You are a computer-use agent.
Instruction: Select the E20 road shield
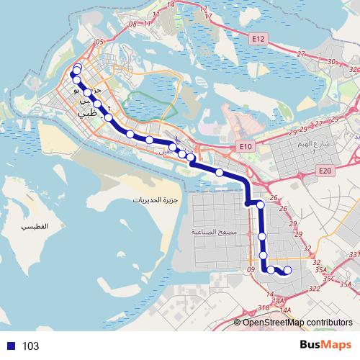(x=324, y=171)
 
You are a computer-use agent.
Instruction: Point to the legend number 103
(x=30, y=346)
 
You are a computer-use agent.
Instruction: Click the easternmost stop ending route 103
(x=287, y=271)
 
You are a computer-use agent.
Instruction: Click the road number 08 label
(x=132, y=24)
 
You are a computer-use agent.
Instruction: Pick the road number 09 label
(x=251, y=270)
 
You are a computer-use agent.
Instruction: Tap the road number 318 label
(x=264, y=307)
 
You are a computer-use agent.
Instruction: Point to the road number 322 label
(x=315, y=288)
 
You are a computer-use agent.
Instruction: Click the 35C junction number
(x=330, y=277)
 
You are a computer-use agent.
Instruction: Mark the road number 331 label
(x=354, y=256)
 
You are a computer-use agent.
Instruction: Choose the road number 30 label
(x=332, y=63)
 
